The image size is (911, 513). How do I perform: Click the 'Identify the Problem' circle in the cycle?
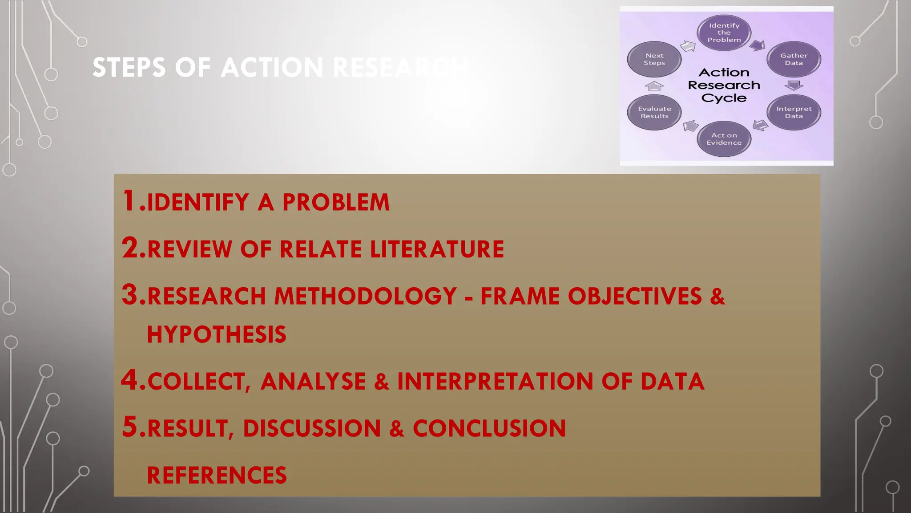point(724,33)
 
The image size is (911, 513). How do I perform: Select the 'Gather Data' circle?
point(794,59)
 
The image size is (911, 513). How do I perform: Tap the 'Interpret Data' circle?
point(794,112)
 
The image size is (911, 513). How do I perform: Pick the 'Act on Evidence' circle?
point(724,139)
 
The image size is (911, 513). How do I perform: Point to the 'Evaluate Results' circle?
point(654,112)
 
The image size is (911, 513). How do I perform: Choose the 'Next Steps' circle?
point(654,59)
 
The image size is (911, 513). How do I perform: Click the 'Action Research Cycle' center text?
point(724,85)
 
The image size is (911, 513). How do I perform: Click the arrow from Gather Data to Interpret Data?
point(794,85)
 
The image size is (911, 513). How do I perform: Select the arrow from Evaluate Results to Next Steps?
point(654,86)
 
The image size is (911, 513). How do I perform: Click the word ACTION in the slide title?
point(272,68)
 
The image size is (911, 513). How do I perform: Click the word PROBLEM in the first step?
point(336,202)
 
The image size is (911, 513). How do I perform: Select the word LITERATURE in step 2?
point(437,249)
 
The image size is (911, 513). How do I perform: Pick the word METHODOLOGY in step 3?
point(365,296)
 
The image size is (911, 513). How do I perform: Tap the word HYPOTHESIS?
point(217,334)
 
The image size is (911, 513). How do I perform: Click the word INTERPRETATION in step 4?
point(495,382)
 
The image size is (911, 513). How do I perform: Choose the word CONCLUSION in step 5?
point(489,428)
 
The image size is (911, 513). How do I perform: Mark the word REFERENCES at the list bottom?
point(217,475)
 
